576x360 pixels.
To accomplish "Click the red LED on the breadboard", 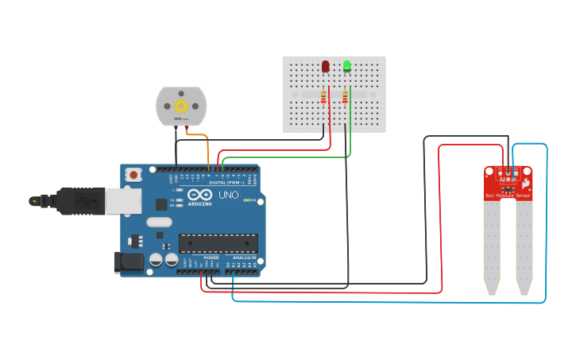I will (326, 67).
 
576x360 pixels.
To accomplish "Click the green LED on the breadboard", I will (347, 67).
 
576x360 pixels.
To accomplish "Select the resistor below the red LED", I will (323, 98).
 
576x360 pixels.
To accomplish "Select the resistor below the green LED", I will (345, 98).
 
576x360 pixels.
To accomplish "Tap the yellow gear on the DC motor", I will (180, 106).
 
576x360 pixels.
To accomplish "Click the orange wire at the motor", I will (199, 137).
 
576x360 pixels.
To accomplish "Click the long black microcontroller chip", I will (218, 243).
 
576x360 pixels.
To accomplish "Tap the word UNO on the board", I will (229, 195).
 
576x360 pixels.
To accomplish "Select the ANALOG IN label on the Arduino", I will (244, 258).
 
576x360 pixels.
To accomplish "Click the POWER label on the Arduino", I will (211, 258).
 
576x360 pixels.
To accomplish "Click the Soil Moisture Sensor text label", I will (508, 195).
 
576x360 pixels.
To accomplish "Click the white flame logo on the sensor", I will (525, 182).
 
